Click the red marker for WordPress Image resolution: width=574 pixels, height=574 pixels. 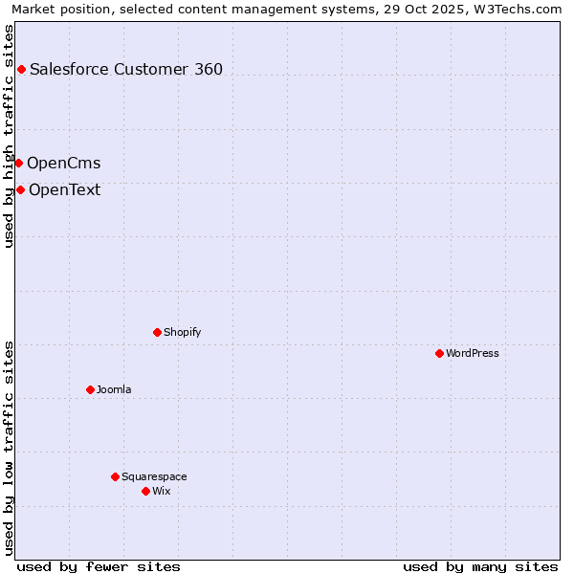439,353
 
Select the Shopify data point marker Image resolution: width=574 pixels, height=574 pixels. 157,332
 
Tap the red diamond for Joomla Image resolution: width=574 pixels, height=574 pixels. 90,389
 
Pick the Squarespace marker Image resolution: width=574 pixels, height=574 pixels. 115,476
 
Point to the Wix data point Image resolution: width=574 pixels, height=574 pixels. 145,491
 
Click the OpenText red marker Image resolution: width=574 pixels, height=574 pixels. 20,189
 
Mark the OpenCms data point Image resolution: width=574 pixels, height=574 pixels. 18,163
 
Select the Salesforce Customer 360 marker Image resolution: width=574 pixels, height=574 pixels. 21,69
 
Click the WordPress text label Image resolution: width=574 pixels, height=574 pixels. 473,353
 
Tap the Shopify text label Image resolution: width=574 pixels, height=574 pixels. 182,332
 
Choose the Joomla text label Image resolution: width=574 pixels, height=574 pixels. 114,389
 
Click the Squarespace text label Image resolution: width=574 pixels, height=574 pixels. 154,476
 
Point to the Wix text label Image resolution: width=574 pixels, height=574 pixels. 161,491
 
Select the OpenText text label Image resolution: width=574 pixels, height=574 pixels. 64,189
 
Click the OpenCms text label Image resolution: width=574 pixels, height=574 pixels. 63,163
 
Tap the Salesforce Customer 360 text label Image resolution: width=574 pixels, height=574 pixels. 126,69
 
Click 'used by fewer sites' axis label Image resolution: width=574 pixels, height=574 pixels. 99,566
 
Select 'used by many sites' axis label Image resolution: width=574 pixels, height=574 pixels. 480,566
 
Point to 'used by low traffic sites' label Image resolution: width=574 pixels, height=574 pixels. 10,448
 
